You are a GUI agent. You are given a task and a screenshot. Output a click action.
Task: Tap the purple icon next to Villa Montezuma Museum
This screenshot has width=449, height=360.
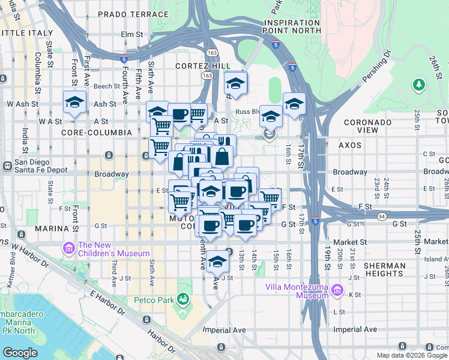[337, 291]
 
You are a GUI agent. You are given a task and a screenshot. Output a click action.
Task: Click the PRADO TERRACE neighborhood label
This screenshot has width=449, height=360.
[133, 14]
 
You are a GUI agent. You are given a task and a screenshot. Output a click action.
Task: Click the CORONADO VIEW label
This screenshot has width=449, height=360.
[369, 126]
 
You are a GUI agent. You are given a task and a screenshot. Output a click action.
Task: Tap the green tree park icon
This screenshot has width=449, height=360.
[419, 84]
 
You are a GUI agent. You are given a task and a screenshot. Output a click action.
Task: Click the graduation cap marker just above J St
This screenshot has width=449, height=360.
[218, 262]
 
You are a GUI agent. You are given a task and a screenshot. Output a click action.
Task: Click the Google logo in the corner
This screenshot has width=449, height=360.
[20, 352]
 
